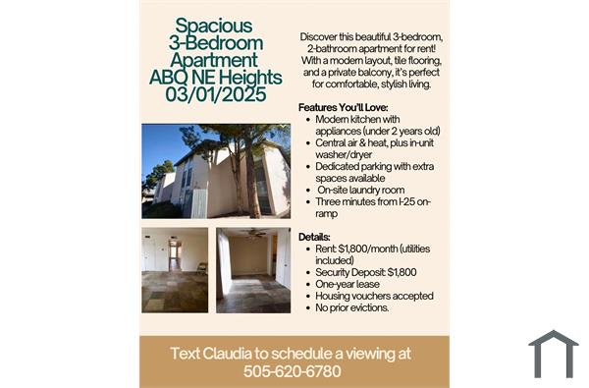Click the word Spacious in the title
point(215,27)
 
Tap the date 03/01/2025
point(215,96)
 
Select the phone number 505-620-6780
point(293,372)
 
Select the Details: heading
point(313,237)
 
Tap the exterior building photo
point(216,170)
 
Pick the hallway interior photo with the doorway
point(175,269)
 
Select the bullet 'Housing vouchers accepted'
point(374,296)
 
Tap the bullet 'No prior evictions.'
point(352,307)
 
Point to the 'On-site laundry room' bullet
point(360,190)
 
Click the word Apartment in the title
point(215,61)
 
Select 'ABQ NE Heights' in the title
point(215,79)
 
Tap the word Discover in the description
point(325,36)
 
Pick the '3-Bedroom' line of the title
point(215,43)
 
